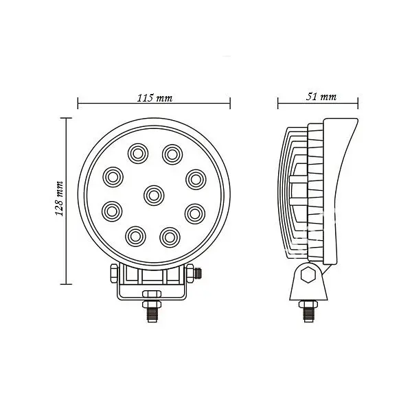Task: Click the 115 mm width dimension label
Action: click(x=154, y=98)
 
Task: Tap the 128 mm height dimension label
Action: click(x=59, y=198)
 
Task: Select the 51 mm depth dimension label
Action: click(x=321, y=97)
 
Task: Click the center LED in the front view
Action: click(x=153, y=196)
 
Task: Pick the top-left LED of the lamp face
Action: click(x=138, y=154)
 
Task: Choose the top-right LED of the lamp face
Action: click(x=172, y=154)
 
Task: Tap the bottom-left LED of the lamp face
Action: click(x=135, y=237)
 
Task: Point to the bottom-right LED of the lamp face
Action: click(x=170, y=237)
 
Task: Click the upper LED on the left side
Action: click(x=113, y=176)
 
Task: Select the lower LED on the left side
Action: click(x=112, y=211)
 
